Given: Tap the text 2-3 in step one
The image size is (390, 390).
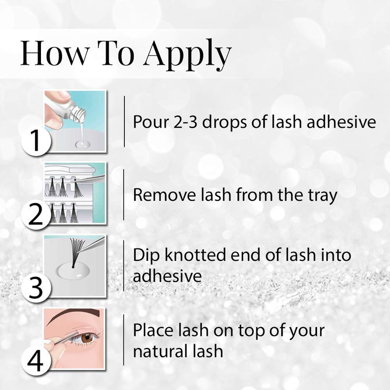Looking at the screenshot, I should pyautogui.click(x=184, y=122).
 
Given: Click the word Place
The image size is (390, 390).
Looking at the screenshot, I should pyautogui.click(x=152, y=330).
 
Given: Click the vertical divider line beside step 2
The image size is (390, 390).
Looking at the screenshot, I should pyautogui.click(x=123, y=195).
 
